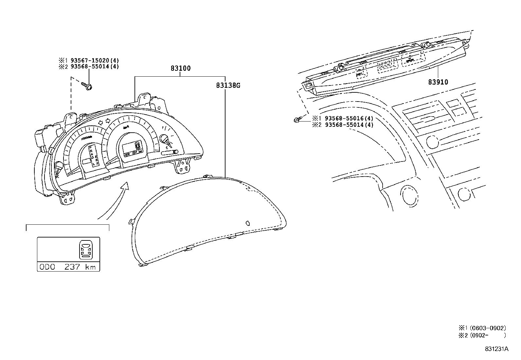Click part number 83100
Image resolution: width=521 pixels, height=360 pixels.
coord(180,68)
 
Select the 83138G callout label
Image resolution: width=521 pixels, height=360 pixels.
coord(228,85)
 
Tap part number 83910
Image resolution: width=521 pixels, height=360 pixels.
coord(438,82)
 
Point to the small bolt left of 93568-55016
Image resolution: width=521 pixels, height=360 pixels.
coord(296,120)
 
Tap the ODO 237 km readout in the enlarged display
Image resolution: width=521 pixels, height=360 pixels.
coord(68,267)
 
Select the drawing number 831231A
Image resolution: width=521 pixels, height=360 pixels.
coord(496,349)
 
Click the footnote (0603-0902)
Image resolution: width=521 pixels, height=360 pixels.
coord(488,328)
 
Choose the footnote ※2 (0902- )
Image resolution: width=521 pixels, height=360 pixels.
coord(482,335)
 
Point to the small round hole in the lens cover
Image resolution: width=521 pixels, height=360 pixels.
coord(247,223)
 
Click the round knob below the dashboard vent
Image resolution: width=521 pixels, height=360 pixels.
coord(433,142)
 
